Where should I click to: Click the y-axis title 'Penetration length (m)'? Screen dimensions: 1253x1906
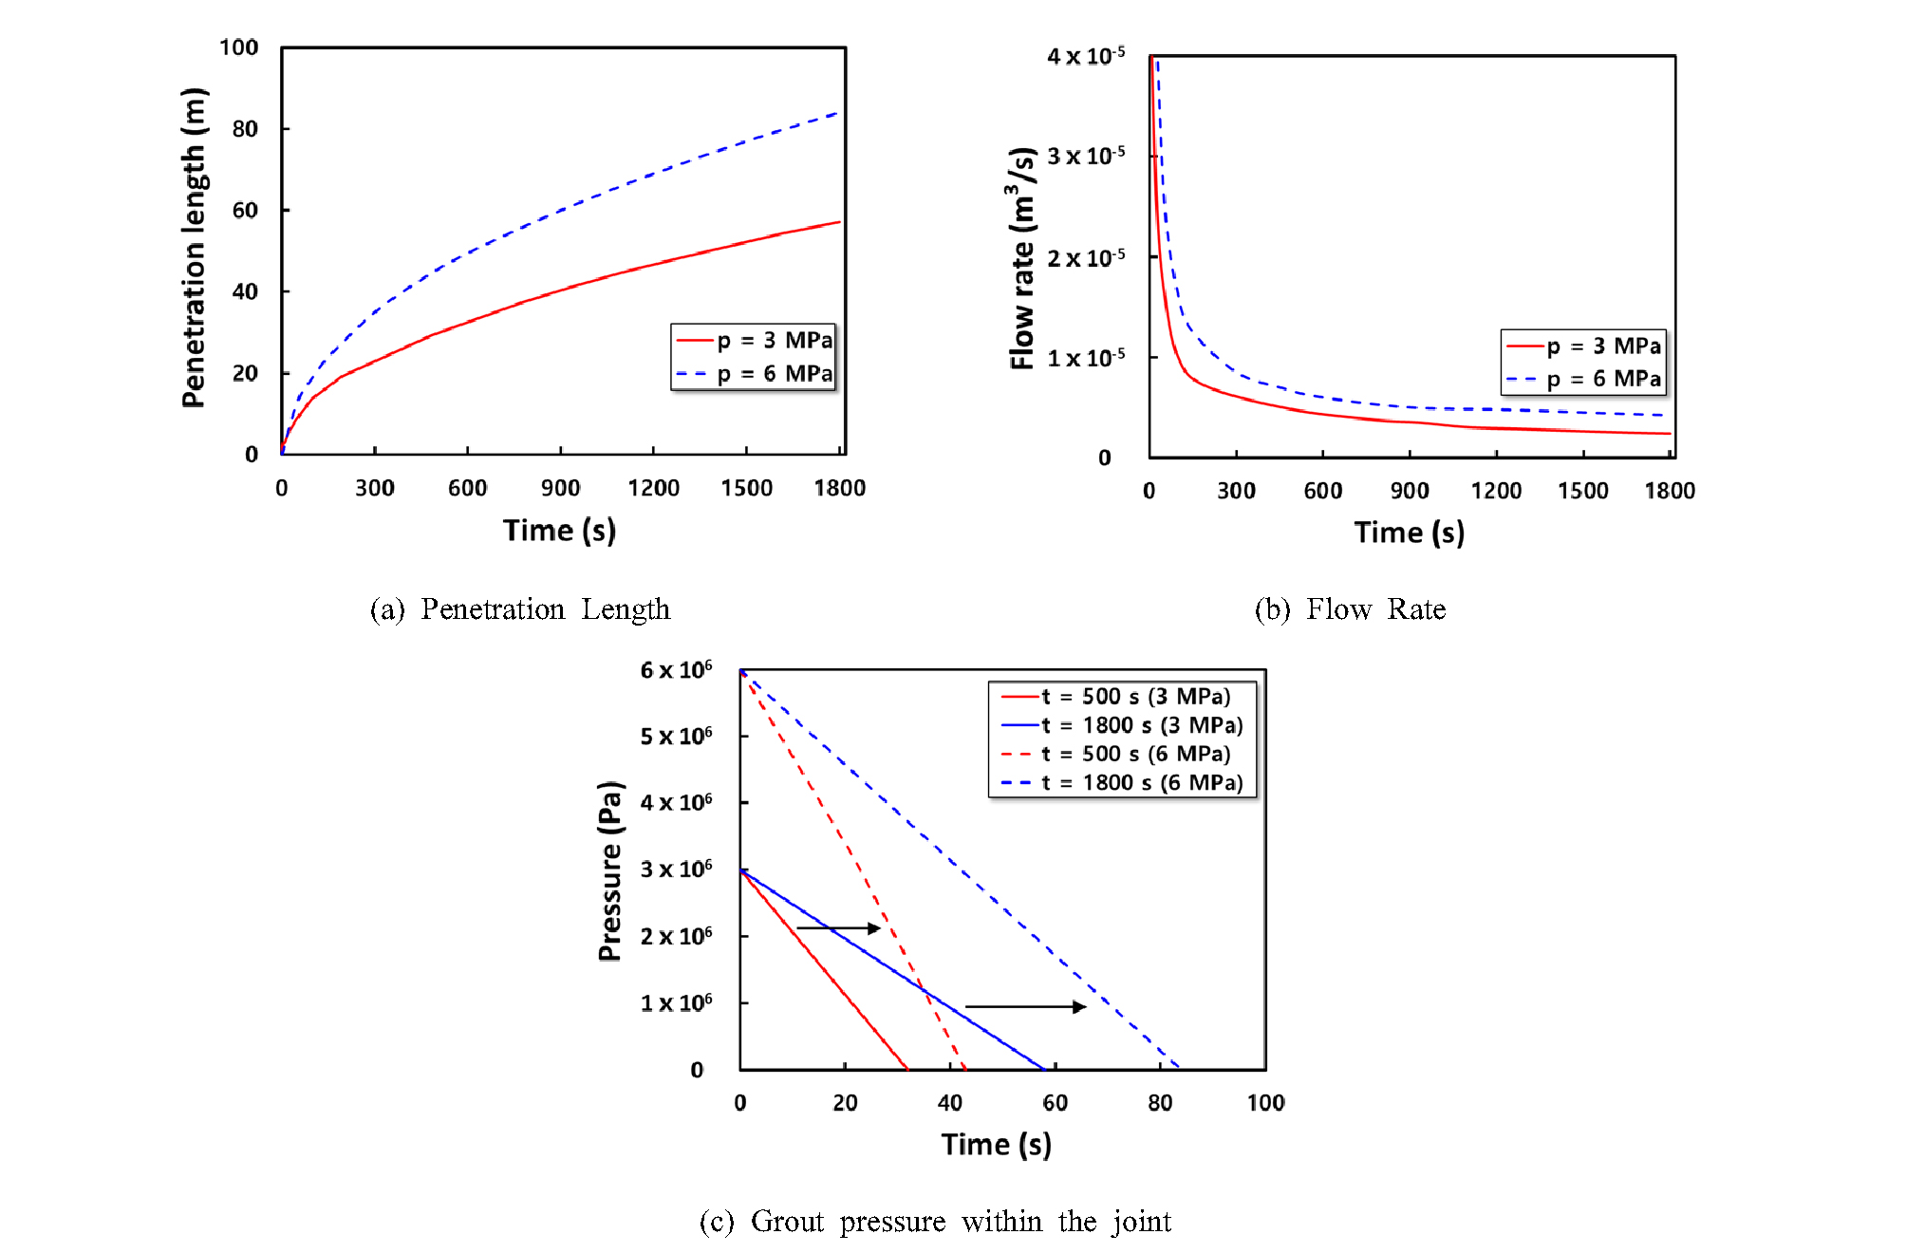[194, 248]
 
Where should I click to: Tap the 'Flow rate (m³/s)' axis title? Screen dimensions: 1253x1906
[1022, 258]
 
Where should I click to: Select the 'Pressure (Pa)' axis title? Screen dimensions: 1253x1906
[610, 870]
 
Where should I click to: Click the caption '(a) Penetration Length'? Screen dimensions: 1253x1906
[519, 609]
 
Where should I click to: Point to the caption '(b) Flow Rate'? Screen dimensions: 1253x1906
[1350, 609]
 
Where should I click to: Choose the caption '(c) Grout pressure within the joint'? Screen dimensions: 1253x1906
[935, 1222]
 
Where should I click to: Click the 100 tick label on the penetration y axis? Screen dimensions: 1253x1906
[238, 47]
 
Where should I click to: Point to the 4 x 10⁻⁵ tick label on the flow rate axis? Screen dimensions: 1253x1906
[1086, 56]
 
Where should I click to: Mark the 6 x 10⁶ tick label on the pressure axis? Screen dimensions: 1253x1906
[676, 670]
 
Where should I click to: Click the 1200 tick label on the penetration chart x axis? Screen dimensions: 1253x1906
[653, 489]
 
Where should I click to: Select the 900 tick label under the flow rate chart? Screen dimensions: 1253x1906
[1410, 492]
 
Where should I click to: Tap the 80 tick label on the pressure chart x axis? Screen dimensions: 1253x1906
[1160, 1103]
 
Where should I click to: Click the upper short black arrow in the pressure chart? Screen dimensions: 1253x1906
[838, 927]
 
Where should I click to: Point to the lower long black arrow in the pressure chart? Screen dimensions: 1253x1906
[1025, 1006]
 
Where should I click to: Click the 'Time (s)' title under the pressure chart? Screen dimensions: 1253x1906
[996, 1145]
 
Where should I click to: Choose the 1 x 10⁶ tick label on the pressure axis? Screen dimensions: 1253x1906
[676, 1003]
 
